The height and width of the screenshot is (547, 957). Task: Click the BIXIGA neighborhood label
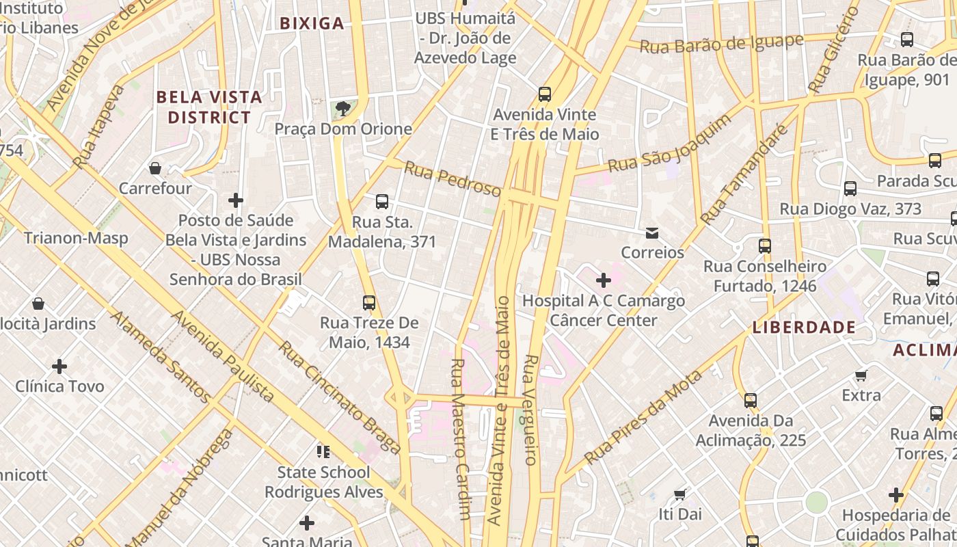312,23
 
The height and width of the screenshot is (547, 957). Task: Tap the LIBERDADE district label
804,328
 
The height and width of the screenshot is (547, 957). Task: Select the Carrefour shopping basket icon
155,168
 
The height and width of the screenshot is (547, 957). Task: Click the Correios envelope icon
652,233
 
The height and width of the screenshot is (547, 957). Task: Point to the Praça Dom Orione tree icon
343,109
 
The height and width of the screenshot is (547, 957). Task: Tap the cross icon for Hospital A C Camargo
604,280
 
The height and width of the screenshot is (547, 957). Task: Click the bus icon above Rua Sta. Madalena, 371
382,202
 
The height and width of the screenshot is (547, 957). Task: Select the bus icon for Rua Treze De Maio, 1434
369,302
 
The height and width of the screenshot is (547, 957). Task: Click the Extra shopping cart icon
861,375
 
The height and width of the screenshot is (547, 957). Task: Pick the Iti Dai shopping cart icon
679,494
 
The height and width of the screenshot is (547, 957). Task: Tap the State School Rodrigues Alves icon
323,451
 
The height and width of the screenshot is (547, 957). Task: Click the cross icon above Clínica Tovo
59,366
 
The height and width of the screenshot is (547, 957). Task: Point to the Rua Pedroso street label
452,179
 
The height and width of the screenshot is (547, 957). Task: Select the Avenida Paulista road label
222,356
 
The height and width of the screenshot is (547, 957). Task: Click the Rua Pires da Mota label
643,416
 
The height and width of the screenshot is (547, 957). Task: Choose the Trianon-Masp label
76,238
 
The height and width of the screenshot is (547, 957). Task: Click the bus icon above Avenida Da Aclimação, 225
751,400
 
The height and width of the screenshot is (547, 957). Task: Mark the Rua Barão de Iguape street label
721,44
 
